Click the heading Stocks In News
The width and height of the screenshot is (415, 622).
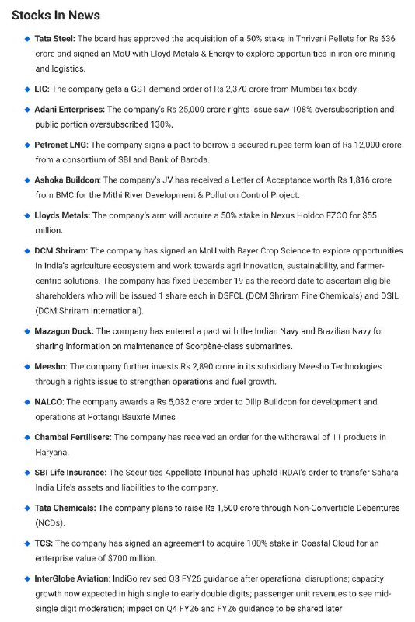(x=55, y=15)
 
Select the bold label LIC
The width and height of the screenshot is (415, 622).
(x=42, y=89)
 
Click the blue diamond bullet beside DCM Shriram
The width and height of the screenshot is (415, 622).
(x=27, y=251)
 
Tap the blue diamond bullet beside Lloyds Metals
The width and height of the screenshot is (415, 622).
(x=27, y=215)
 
